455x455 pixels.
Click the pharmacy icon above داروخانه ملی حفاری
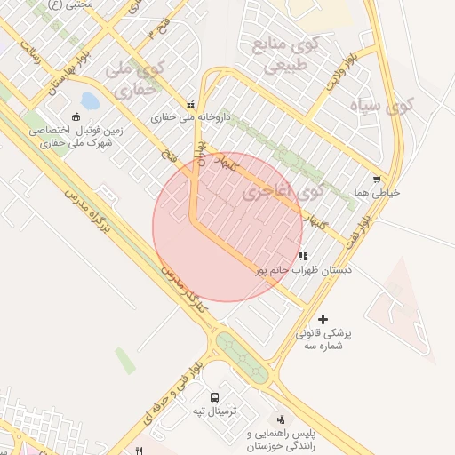tap(189, 104)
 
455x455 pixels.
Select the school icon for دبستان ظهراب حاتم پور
tap(303, 256)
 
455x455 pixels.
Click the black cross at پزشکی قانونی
tap(323, 319)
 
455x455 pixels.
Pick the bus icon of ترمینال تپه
tap(214, 397)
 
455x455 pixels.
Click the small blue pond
tap(90, 101)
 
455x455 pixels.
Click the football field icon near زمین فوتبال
tap(76, 116)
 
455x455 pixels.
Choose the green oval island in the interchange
tap(242, 356)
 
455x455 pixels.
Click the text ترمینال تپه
tap(212, 412)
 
